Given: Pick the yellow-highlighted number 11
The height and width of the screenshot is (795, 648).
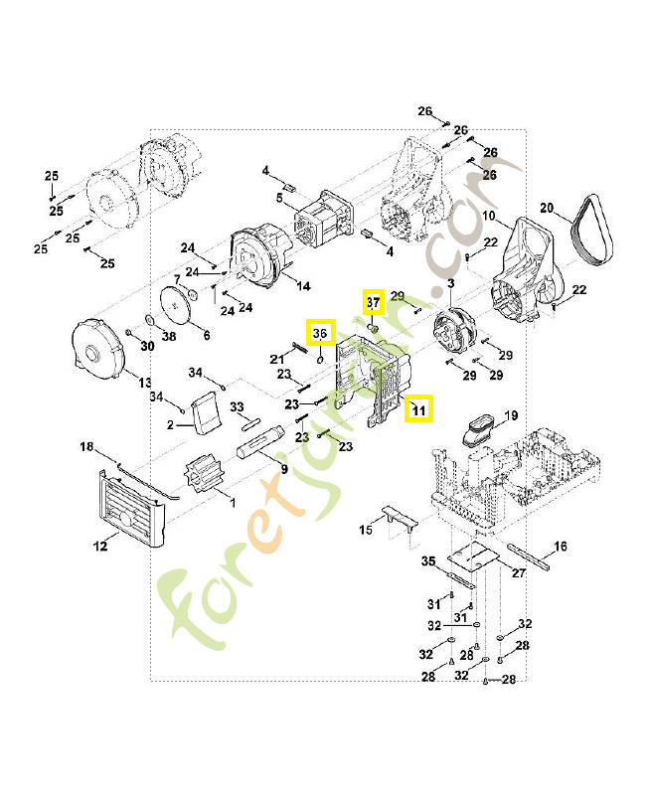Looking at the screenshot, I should tap(419, 408).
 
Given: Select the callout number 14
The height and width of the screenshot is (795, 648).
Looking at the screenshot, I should tap(303, 285).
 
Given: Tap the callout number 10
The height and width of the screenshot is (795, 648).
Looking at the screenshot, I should tap(489, 216).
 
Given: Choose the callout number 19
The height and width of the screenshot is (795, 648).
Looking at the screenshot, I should tap(511, 414).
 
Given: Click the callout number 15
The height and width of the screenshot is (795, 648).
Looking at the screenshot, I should tap(366, 532).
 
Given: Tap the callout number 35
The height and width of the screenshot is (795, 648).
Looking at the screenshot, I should tap(428, 561).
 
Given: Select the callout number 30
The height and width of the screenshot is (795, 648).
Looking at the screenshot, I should tap(147, 346).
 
